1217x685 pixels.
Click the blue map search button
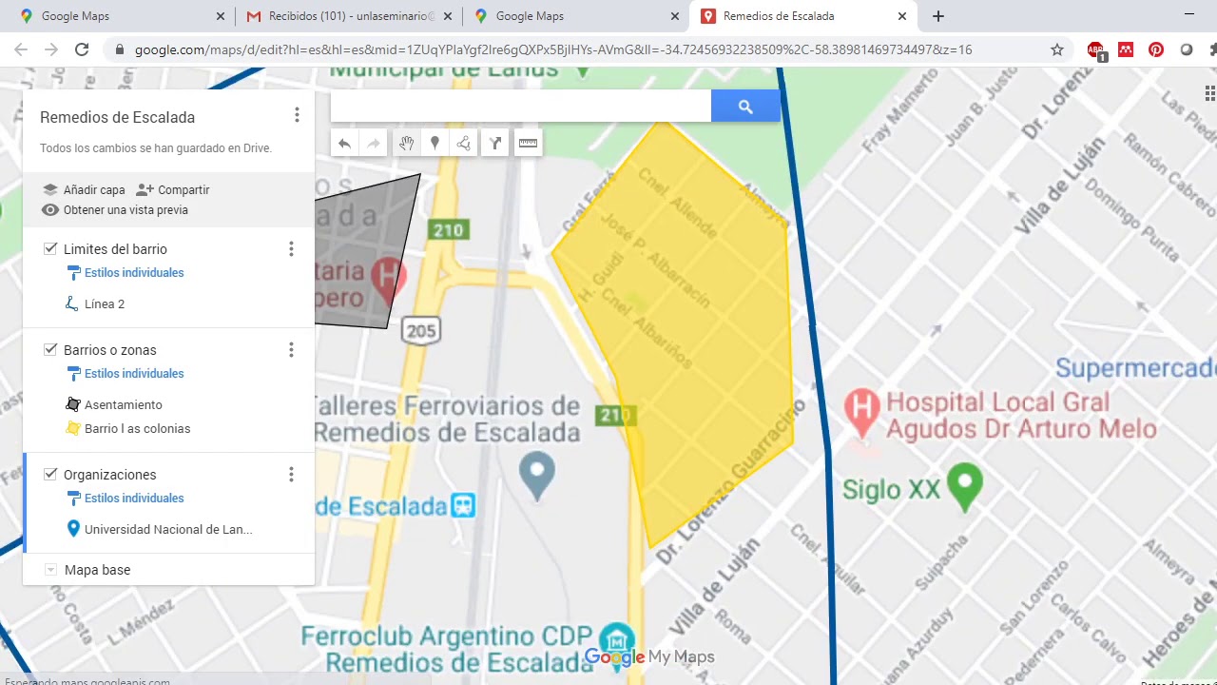click(745, 107)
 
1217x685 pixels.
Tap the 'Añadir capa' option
click(93, 189)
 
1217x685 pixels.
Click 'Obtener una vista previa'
click(125, 210)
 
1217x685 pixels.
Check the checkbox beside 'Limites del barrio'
click(50, 249)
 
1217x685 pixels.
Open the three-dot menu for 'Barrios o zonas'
click(291, 350)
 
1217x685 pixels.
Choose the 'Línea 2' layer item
click(104, 304)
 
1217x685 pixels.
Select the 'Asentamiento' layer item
click(123, 405)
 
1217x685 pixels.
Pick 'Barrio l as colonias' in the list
click(137, 429)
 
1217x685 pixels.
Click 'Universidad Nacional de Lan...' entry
click(167, 530)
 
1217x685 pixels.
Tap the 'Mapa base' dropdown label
click(97, 570)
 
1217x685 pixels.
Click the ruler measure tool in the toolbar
click(528, 144)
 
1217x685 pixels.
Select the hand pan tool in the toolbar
click(406, 144)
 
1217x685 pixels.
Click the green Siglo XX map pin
click(965, 482)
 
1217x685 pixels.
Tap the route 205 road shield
click(420, 331)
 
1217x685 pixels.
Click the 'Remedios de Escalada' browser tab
click(779, 16)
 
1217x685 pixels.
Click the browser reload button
click(82, 49)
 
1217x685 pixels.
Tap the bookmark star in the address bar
click(1056, 49)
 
